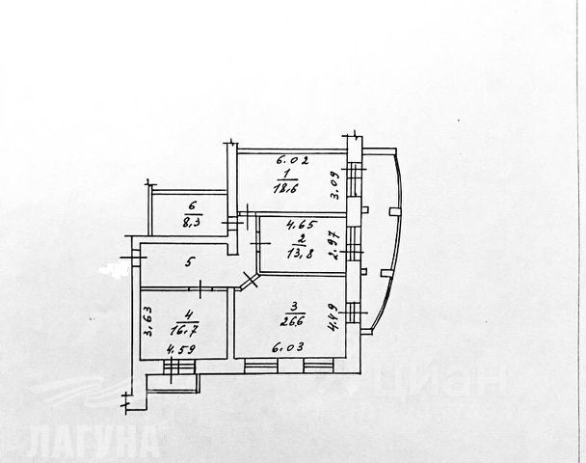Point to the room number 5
pyautogui.click(x=190, y=261)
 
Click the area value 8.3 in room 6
pyautogui.click(x=192, y=220)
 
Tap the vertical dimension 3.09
pyautogui.click(x=336, y=183)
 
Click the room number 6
pyautogui.click(x=193, y=205)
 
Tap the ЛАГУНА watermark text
pyautogui.click(x=93, y=442)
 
